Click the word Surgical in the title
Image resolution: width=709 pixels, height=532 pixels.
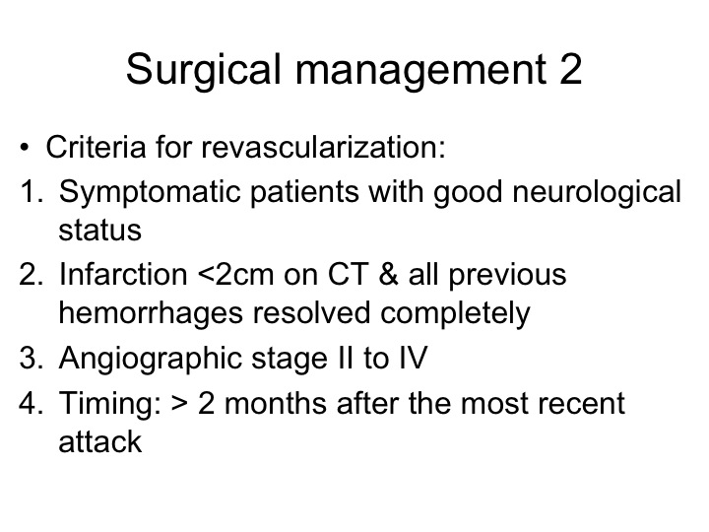(x=204, y=70)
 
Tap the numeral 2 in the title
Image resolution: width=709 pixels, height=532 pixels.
(x=570, y=68)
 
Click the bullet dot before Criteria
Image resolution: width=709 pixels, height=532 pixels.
(x=25, y=148)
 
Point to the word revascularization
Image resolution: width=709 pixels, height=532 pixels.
(x=323, y=147)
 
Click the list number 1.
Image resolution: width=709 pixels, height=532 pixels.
(x=31, y=191)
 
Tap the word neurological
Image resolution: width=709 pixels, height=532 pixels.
(x=597, y=193)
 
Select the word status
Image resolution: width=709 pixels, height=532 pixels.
(x=99, y=230)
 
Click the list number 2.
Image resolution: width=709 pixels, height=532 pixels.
(x=31, y=274)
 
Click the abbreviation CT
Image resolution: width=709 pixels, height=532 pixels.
(x=349, y=274)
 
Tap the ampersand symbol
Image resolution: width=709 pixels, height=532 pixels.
(x=388, y=274)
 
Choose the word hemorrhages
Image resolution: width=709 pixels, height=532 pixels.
(x=151, y=314)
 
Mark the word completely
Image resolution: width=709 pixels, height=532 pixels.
(x=455, y=314)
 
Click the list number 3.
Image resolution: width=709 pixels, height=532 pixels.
(x=31, y=358)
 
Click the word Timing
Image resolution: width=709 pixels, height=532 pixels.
(x=110, y=405)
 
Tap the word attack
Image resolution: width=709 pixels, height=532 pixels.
(x=99, y=440)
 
